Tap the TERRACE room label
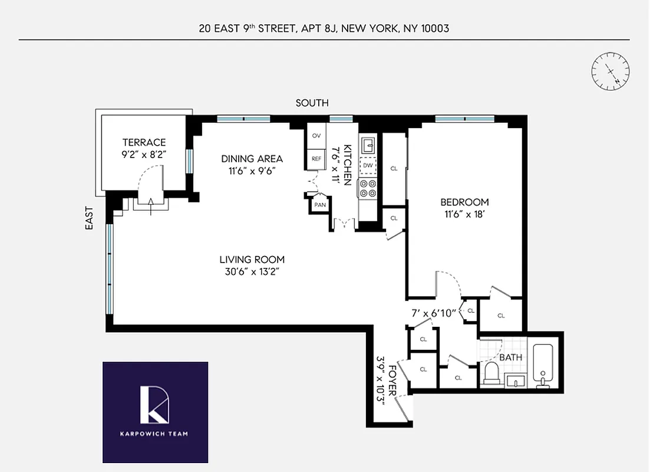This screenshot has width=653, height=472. [x=144, y=142]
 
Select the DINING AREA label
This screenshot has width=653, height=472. [x=252, y=158]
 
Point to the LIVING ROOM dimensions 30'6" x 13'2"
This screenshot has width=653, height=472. [x=252, y=272]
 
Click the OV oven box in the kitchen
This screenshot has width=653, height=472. [x=316, y=136]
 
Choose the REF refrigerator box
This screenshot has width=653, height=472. [x=316, y=158]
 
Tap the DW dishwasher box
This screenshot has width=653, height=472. [x=368, y=166]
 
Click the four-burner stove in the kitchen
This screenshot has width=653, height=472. [x=368, y=188]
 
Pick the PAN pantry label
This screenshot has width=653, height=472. [x=320, y=205]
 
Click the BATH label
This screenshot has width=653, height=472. [x=510, y=358]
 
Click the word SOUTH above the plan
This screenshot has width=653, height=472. [x=312, y=103]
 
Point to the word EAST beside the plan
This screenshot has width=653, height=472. [x=89, y=217]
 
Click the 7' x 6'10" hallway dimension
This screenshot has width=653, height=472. [x=434, y=313]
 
